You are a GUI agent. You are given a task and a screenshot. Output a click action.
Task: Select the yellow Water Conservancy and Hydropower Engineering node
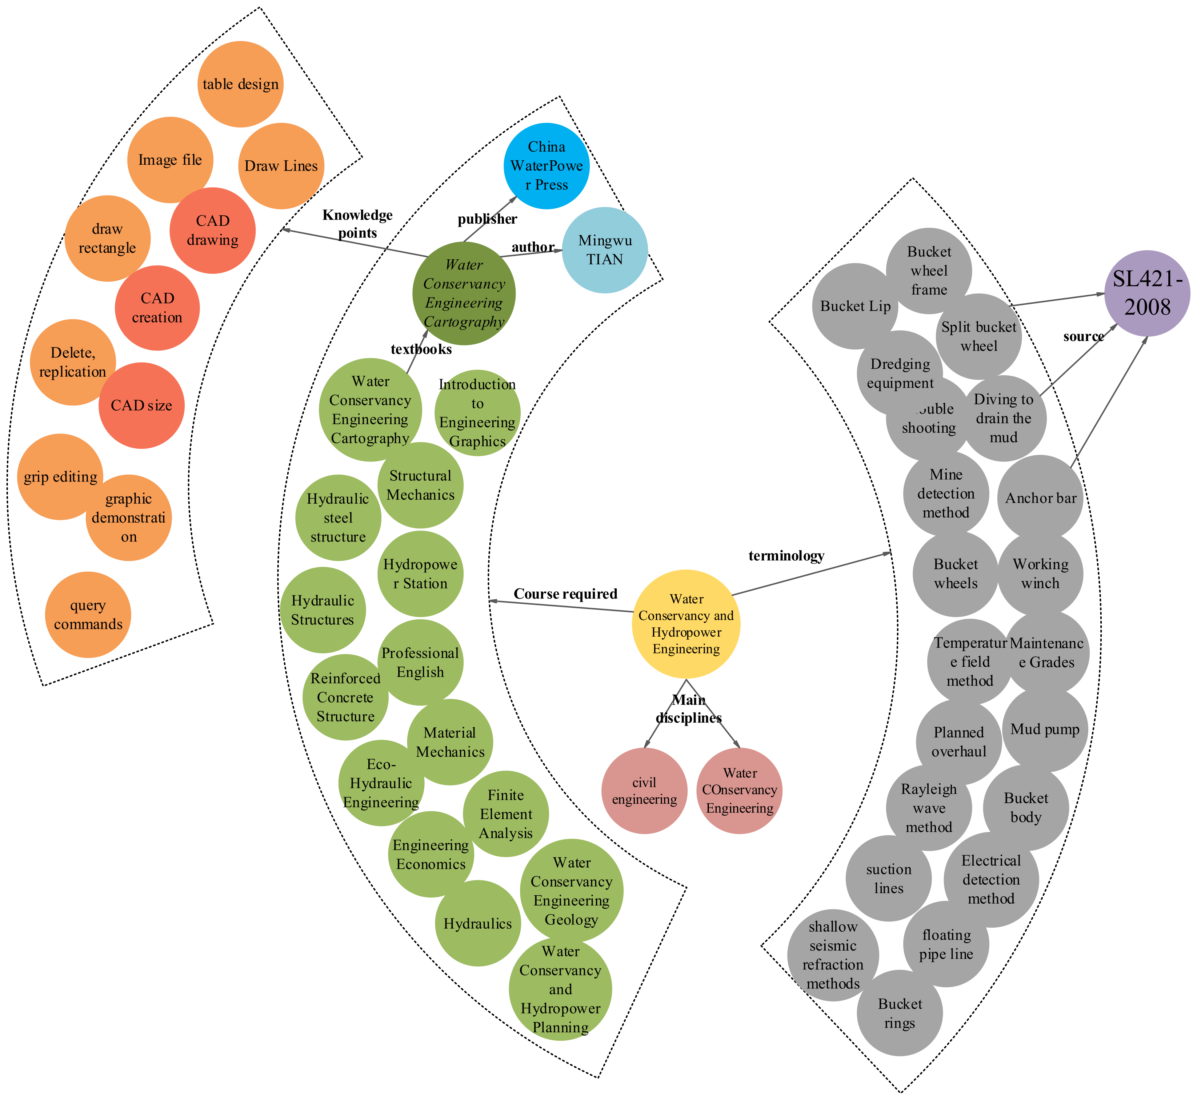[686, 624]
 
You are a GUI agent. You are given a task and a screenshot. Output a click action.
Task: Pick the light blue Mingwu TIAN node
[605, 250]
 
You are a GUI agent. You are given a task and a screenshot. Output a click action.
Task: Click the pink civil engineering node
[645, 791]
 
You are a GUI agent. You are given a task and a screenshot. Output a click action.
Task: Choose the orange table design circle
[240, 84]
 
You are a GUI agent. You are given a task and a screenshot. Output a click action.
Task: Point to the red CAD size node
[142, 405]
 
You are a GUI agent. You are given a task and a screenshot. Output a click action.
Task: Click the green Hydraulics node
[478, 923]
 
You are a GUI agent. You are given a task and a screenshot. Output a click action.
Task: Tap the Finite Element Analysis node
[506, 814]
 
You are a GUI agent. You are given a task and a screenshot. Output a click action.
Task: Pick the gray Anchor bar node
[1040, 498]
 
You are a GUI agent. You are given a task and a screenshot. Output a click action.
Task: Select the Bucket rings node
[900, 1013]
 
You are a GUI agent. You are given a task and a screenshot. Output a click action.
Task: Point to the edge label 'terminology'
[786, 556]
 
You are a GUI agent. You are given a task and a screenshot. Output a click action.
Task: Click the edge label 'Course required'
[565, 594]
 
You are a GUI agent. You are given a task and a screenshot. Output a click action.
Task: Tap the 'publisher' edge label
[488, 219]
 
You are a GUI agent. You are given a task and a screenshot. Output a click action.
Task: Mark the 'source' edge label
[1083, 336]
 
